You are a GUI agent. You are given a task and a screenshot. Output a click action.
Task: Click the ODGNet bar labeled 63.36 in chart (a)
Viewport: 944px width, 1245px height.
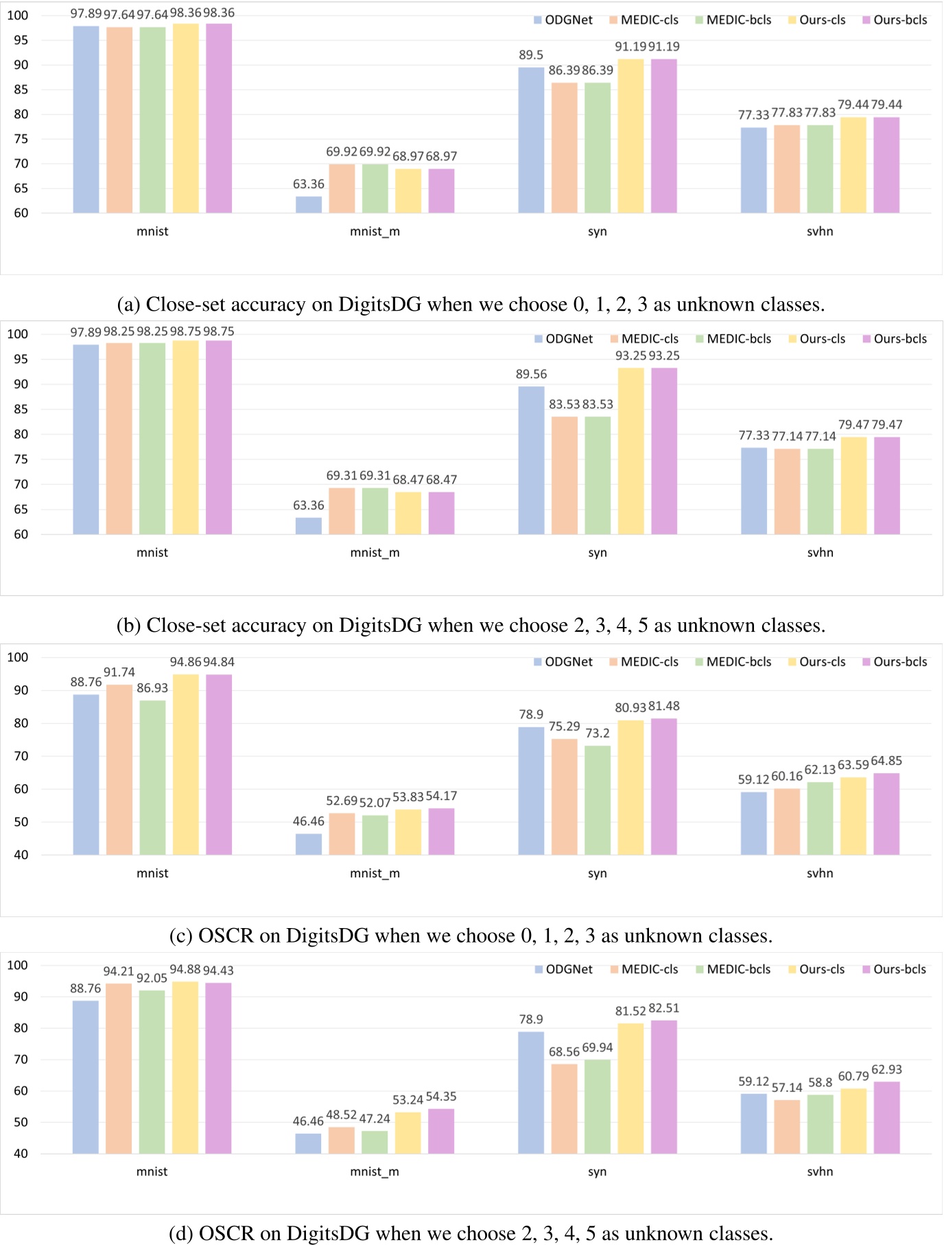coord(309,204)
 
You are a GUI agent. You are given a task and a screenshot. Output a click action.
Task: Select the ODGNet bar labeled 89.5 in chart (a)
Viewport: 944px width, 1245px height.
coord(531,141)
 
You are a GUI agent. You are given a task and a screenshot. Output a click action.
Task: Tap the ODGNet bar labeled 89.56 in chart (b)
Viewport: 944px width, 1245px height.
coord(531,460)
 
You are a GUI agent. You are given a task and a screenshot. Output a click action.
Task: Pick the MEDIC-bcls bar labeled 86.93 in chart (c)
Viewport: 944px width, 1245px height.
coord(152,777)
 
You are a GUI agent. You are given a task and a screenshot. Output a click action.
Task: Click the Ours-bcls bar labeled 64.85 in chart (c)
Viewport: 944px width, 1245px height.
coord(886,814)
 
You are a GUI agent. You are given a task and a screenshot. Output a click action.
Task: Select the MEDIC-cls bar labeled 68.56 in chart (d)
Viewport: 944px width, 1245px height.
coord(565,1108)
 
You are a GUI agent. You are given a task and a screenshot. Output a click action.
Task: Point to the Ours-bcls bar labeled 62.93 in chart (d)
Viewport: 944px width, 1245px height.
coord(886,1117)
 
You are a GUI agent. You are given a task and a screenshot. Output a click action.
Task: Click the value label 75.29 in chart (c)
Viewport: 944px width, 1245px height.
coord(564,726)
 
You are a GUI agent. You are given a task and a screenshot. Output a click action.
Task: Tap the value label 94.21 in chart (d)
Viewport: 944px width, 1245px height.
coord(119,971)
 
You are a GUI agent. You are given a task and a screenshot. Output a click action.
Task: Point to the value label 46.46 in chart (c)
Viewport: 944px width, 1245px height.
coord(309,821)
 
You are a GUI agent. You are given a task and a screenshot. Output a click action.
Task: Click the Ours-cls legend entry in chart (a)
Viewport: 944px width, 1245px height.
coord(816,21)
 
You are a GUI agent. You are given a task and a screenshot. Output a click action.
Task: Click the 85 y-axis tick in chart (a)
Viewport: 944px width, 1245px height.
coord(21,90)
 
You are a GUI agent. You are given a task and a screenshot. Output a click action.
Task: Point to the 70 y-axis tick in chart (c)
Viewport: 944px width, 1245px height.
coord(21,756)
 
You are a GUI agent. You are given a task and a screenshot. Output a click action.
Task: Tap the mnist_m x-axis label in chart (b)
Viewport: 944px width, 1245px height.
coord(375,553)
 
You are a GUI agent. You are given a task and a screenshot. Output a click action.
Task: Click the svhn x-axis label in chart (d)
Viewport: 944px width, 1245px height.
coord(820,1172)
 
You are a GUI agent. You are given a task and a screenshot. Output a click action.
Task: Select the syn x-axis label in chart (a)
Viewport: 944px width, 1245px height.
coord(598,232)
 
